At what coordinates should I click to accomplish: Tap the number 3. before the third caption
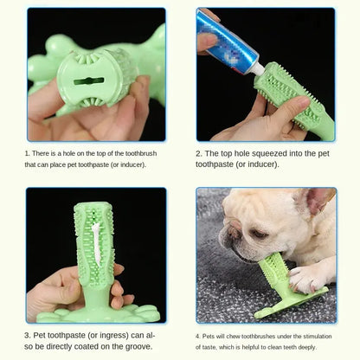pyautogui.click(x=28, y=333)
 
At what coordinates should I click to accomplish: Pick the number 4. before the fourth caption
pyautogui.click(x=198, y=332)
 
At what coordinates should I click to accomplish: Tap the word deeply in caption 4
pyautogui.click(x=325, y=344)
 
